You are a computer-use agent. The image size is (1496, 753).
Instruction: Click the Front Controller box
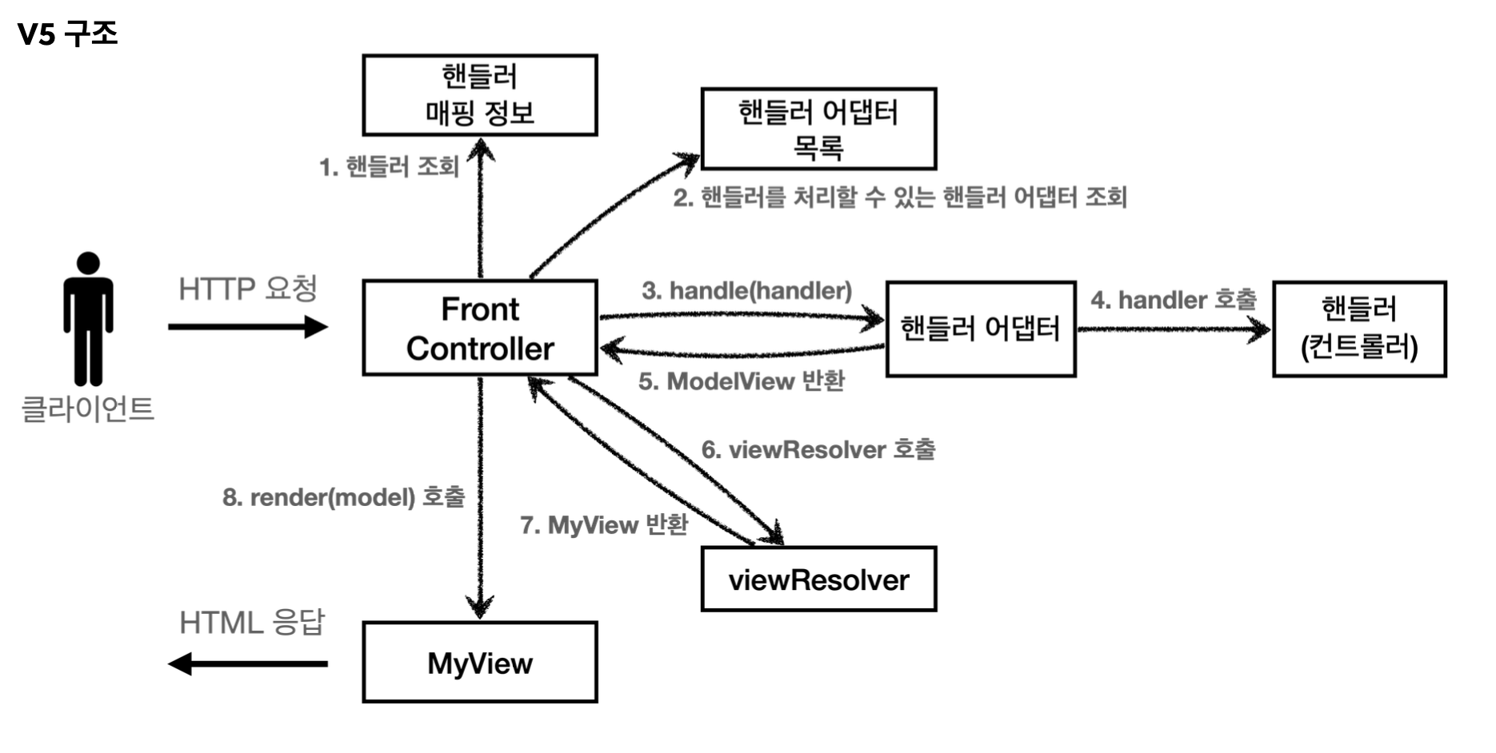tap(480, 328)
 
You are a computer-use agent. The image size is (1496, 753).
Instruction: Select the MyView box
tap(480, 663)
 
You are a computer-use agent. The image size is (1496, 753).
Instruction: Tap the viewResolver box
tap(818, 580)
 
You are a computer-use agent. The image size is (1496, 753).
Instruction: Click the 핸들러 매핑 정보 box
tap(480, 95)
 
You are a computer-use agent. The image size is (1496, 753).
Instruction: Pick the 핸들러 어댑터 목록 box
tap(818, 129)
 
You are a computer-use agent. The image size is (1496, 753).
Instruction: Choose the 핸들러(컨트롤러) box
tap(1359, 329)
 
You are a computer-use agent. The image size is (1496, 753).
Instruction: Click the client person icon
tap(88, 320)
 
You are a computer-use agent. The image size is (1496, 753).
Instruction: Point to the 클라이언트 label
tap(87, 408)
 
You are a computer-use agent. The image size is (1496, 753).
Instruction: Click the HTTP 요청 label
tap(248, 289)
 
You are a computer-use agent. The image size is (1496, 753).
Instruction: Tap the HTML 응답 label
tap(252, 623)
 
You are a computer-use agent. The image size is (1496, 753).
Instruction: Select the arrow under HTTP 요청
tap(248, 327)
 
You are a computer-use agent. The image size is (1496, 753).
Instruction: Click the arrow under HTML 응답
tap(248, 663)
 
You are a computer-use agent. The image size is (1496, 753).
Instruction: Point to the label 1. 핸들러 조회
tap(389, 167)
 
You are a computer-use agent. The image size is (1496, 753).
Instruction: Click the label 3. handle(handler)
tap(746, 290)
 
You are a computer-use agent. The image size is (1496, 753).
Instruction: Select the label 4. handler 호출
tap(1173, 300)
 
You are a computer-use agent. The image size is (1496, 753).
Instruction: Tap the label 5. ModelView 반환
tap(741, 381)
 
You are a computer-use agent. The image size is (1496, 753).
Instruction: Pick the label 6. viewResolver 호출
tap(818, 449)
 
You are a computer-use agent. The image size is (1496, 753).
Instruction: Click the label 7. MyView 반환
tap(603, 525)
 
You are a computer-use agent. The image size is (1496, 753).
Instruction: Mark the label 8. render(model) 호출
tap(343, 497)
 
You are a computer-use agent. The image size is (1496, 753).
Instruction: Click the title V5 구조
tap(68, 34)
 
